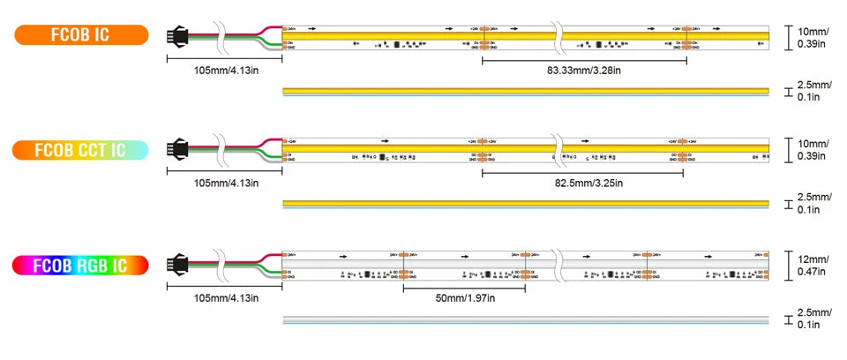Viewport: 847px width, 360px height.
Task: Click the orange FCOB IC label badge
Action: point(80,35)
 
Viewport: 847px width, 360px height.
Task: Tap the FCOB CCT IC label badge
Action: point(80,150)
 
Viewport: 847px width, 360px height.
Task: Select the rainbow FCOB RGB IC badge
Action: point(80,265)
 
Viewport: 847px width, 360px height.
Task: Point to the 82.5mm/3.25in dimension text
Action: point(583,183)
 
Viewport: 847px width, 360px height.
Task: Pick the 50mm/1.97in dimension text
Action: point(464,297)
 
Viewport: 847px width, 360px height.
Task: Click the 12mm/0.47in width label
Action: point(812,266)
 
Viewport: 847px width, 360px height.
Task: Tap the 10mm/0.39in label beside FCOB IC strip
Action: point(812,36)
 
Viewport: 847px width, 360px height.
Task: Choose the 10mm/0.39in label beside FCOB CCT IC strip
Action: point(812,150)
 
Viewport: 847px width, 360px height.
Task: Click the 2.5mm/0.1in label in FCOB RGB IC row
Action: point(813,319)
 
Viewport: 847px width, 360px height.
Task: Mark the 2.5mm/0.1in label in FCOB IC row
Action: point(813,91)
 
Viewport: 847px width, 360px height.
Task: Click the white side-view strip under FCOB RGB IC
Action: point(525,319)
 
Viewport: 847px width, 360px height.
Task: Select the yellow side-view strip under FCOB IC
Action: point(525,91)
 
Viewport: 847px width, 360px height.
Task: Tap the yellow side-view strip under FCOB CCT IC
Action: point(525,205)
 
